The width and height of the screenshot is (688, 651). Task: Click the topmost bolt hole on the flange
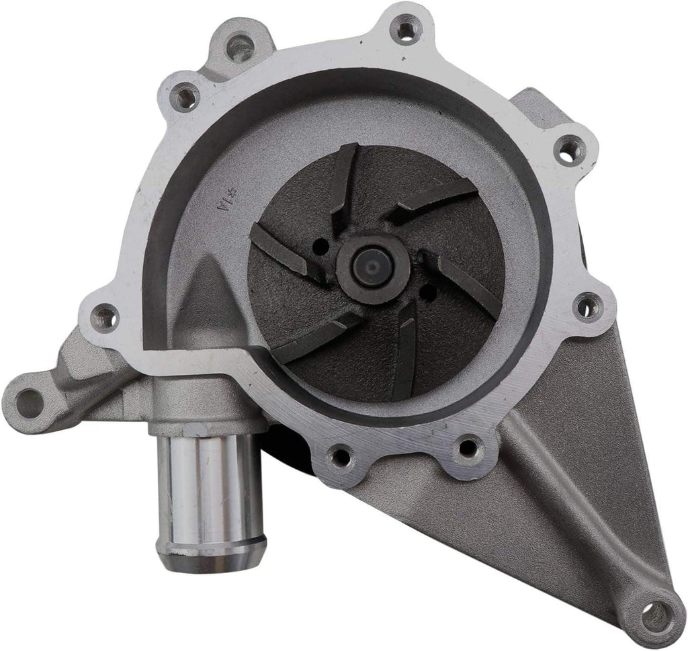(x=406, y=31)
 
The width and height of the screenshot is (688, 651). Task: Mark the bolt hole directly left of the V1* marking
(x=104, y=315)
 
